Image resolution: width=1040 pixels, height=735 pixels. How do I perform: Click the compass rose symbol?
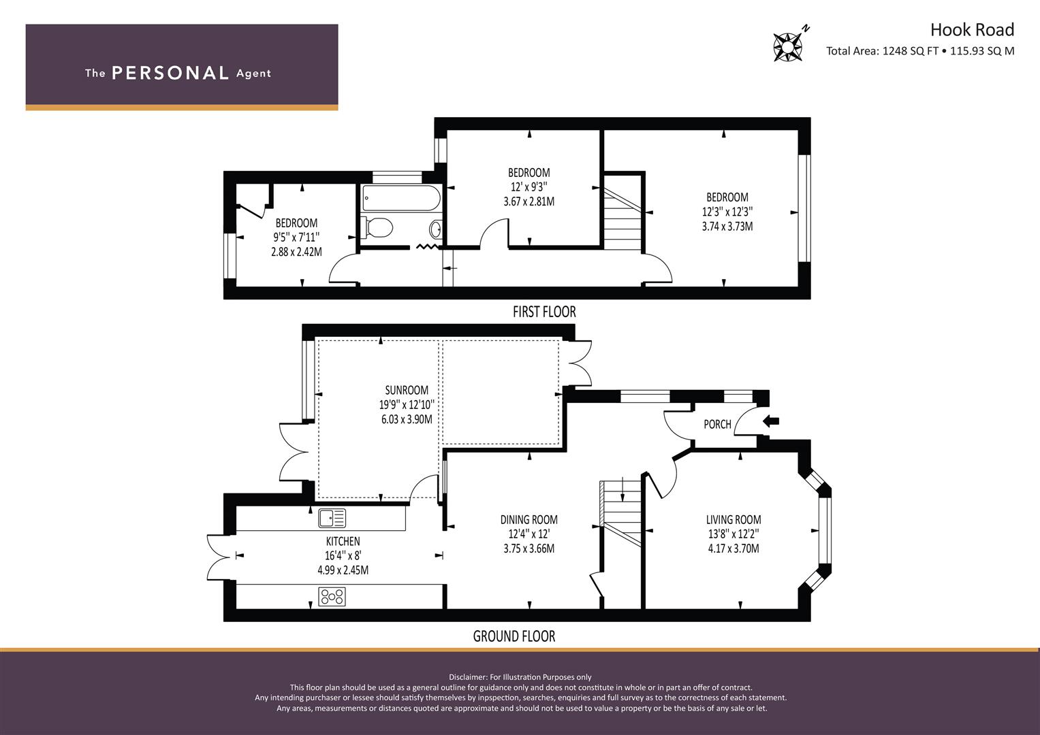(788, 47)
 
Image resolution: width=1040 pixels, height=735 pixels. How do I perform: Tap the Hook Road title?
(972, 30)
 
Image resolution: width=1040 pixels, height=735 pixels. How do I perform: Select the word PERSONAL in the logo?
(170, 73)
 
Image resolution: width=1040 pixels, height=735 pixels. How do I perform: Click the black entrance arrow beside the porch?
(771, 422)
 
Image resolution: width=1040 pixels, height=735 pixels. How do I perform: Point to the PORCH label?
(717, 424)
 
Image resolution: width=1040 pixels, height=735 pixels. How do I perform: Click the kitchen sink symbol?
(332, 519)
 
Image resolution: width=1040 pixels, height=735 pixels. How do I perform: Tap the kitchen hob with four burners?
(332, 596)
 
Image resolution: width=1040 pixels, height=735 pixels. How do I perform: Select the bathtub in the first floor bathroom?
(401, 199)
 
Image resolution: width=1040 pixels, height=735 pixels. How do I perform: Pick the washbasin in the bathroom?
(435, 230)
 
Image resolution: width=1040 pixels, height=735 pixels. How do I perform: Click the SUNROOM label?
(407, 390)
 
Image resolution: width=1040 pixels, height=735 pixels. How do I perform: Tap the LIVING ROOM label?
(734, 520)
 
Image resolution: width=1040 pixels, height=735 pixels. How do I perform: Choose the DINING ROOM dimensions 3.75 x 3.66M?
(529, 549)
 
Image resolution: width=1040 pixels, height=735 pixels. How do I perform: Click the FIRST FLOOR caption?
(544, 312)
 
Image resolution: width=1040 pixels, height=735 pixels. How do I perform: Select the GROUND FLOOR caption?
(514, 636)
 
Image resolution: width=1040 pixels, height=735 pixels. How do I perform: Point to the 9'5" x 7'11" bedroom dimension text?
(297, 238)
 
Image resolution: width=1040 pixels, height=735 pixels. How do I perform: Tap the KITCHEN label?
(343, 541)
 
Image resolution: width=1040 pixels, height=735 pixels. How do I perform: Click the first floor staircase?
(623, 212)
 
